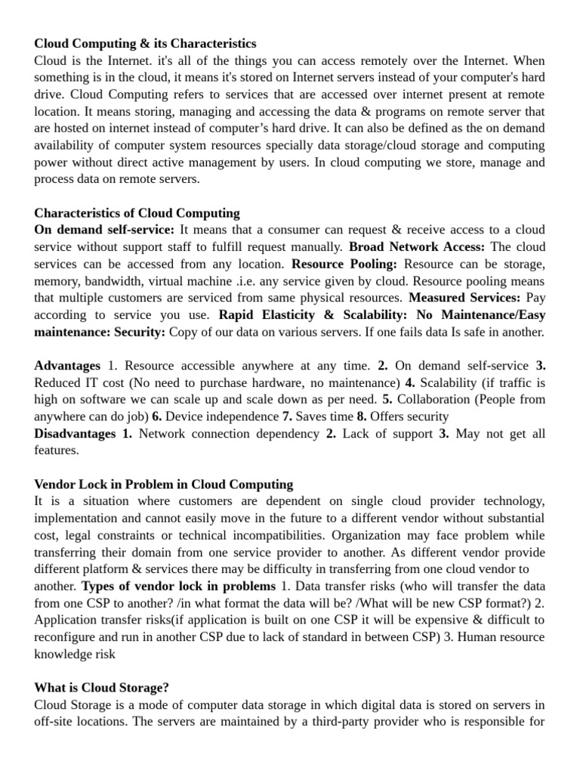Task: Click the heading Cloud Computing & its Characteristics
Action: pyautogui.click(x=145, y=44)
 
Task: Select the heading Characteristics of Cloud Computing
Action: pyautogui.click(x=137, y=213)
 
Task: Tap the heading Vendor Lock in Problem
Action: pyautogui.click(x=164, y=484)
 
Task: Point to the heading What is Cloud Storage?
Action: pyautogui.click(x=101, y=687)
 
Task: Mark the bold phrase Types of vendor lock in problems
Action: pyautogui.click(x=178, y=586)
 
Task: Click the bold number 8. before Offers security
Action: pyautogui.click(x=361, y=416)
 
